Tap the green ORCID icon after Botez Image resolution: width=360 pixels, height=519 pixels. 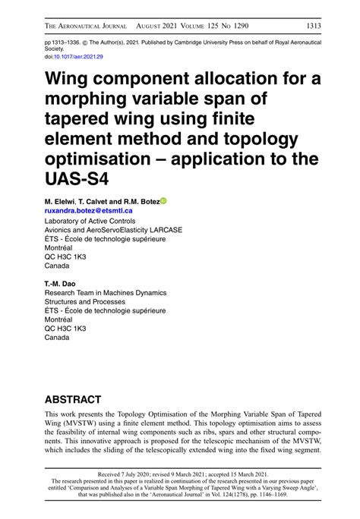(x=163, y=201)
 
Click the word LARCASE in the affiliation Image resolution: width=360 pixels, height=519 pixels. (x=164, y=230)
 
